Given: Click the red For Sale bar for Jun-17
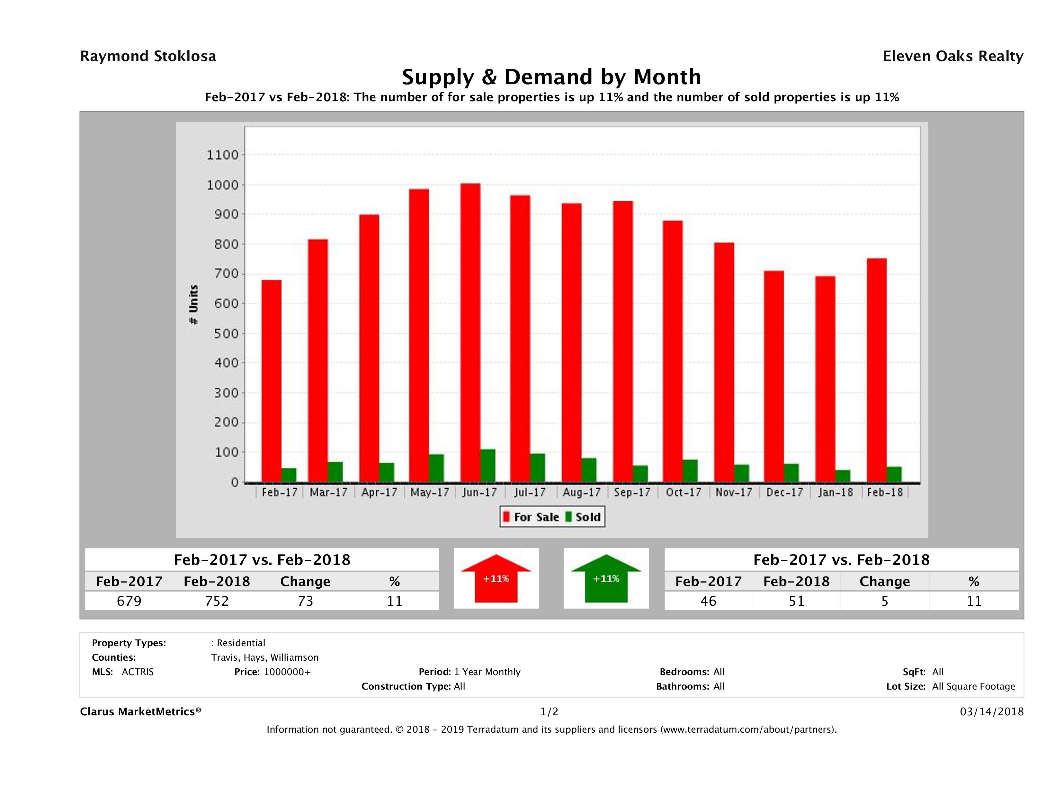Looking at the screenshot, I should (470, 333).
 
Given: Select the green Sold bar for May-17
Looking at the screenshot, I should (436, 468).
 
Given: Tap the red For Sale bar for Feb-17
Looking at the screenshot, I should (272, 381).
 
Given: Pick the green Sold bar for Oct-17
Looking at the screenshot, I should (690, 471).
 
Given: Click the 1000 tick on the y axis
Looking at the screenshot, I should (223, 185).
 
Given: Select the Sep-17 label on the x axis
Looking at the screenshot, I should (632, 493).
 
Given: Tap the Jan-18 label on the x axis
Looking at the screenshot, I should (836, 493).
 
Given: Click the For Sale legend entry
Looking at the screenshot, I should (531, 517).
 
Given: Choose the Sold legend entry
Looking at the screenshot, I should (583, 517).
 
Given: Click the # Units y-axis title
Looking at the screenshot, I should (193, 305).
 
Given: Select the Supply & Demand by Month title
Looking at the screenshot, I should (551, 77).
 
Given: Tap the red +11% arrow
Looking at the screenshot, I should (496, 578).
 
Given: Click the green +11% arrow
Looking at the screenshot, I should (606, 578).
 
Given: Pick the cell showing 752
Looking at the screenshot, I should (217, 601).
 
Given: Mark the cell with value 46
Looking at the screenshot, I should (708, 601).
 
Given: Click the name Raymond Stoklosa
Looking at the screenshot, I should (148, 56).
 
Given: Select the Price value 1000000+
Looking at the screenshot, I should (287, 672).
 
